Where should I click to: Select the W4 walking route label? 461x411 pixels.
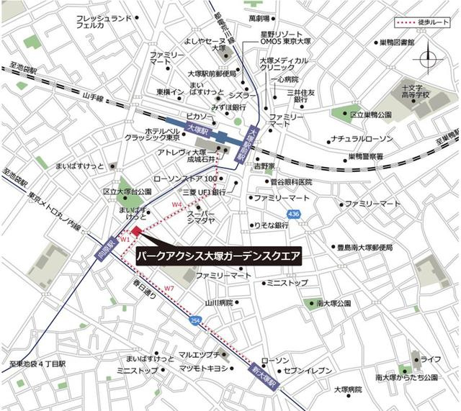(177, 204)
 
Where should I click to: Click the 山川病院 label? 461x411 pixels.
(218, 303)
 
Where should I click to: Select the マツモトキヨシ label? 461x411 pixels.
(202, 368)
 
